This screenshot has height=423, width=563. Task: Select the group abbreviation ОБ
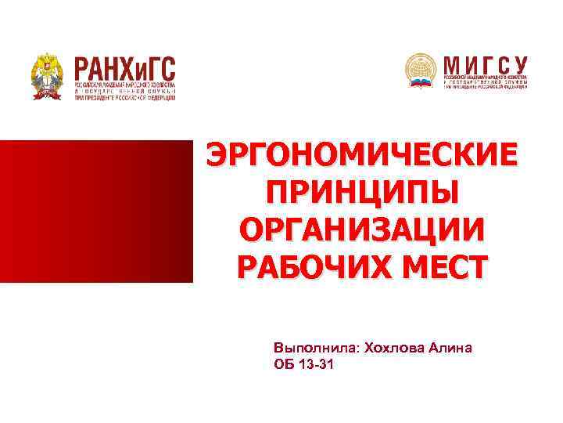click(x=283, y=365)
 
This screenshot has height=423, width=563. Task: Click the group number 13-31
click(x=314, y=365)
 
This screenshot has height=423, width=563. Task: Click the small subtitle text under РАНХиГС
click(x=125, y=91)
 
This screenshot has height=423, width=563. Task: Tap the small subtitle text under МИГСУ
click(x=485, y=81)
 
